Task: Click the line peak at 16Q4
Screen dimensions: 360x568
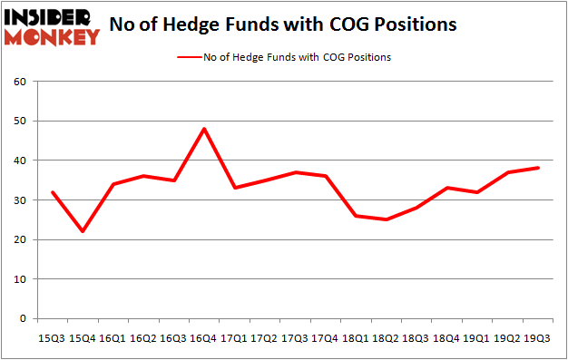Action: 204,129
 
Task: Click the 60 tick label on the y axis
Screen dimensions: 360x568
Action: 18,82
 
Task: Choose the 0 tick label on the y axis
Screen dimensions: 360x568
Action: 22,319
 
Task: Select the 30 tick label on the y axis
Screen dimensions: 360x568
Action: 18,200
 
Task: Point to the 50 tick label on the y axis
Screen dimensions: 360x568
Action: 18,122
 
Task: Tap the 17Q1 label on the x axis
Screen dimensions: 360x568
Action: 235,337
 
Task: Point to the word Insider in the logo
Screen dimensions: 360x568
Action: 53,17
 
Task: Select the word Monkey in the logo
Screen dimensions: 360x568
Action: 53,37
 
